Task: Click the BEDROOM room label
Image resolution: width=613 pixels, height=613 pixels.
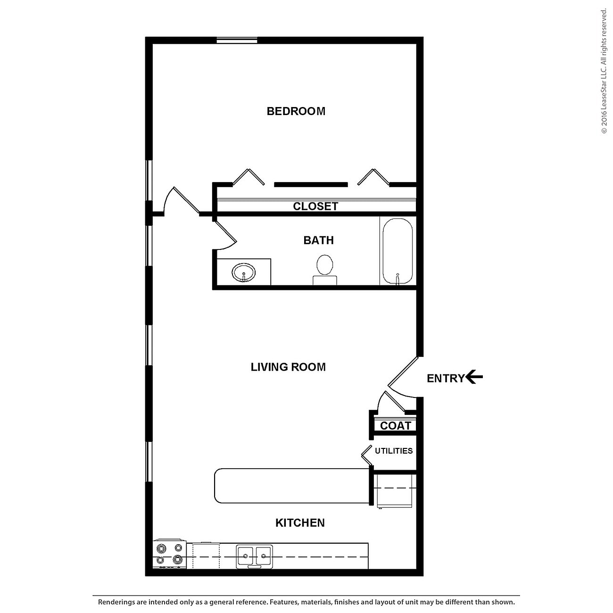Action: (x=296, y=111)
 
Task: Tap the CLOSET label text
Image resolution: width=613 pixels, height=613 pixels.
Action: (x=315, y=207)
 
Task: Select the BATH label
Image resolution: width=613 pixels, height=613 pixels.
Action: (x=318, y=240)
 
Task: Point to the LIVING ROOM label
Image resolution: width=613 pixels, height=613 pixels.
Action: (x=288, y=367)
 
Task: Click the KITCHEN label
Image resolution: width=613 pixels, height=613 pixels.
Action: (x=300, y=522)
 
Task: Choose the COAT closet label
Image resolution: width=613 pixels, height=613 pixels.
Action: (x=395, y=426)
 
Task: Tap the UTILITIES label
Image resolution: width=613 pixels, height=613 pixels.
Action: (x=394, y=451)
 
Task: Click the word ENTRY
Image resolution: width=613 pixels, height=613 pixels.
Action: (x=445, y=378)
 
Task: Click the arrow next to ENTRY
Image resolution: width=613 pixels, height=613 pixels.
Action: (x=474, y=377)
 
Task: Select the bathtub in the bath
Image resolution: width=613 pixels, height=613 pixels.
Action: (x=398, y=251)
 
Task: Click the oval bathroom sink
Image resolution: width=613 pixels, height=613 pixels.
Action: (x=243, y=273)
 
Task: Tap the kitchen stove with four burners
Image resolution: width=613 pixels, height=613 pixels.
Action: (x=170, y=554)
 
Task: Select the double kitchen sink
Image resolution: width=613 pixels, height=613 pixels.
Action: (x=254, y=556)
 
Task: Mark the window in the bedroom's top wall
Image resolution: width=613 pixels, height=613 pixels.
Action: (x=237, y=41)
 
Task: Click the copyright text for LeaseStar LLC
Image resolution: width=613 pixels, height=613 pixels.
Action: (x=604, y=71)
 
